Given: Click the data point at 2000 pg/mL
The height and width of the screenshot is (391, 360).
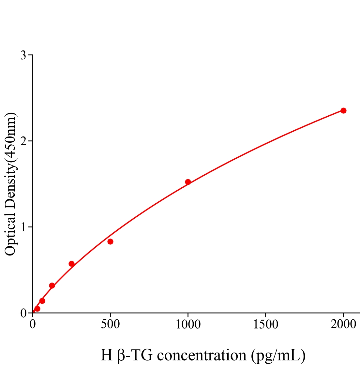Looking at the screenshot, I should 343,110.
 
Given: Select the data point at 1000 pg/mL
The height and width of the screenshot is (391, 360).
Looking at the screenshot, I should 188,182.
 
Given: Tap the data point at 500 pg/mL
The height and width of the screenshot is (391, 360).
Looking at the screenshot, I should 110,241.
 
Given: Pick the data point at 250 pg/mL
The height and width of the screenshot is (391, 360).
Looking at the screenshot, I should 71,264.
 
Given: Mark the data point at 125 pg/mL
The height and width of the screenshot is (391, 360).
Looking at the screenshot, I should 52,286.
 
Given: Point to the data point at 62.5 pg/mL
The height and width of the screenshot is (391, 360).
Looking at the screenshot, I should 42,301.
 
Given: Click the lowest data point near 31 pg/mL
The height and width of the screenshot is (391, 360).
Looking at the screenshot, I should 37,309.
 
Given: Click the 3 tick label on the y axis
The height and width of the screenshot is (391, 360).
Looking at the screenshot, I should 23,55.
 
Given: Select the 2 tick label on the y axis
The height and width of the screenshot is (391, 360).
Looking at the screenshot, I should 23,141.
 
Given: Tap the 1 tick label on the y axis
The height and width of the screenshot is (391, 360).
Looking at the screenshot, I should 23,227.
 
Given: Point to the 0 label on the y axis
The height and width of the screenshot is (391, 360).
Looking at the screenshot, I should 23,313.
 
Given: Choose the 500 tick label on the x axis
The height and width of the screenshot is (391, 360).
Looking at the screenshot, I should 110,325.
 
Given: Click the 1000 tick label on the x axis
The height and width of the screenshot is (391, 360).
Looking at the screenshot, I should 188,325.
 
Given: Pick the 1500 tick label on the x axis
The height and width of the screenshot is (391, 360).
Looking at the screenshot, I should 265,325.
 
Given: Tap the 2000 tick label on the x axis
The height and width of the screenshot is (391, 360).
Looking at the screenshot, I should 343,325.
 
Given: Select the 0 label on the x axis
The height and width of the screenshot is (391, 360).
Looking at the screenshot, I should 32,325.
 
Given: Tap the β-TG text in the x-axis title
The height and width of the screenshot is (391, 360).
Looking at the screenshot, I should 134,355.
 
